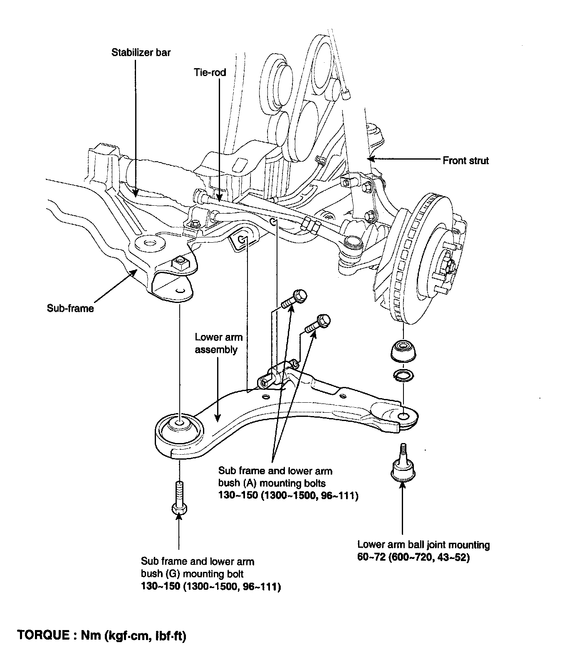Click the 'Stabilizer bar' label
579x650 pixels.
[141, 53]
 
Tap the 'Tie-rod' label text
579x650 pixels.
[210, 72]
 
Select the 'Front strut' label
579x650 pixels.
[465, 160]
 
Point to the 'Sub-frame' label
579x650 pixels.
[70, 308]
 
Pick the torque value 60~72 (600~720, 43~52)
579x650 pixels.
[413, 557]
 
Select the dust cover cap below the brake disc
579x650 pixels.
[403, 351]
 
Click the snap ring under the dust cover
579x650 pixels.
[403, 375]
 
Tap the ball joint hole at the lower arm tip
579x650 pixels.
[403, 417]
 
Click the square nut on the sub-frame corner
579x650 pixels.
[181, 263]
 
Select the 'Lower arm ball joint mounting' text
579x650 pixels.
[423, 544]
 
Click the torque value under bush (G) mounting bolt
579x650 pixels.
[210, 587]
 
